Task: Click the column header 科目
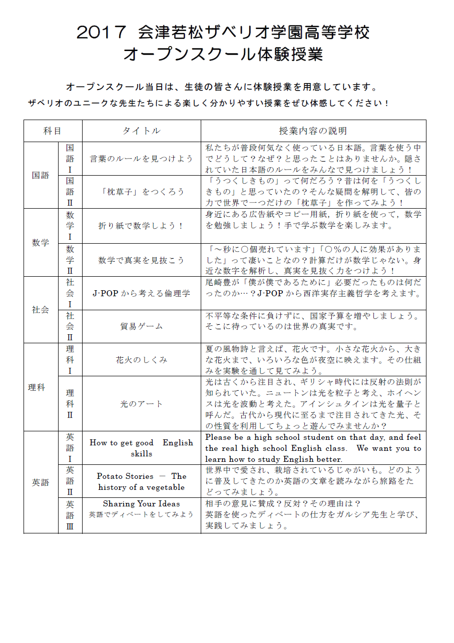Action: click(53, 131)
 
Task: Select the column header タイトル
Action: click(141, 131)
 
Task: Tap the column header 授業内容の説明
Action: click(313, 131)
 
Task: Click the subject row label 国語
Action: click(41, 175)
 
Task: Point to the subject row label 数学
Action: click(41, 243)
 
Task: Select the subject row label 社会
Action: click(41, 310)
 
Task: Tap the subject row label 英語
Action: click(41, 482)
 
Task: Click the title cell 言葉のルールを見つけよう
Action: click(141, 159)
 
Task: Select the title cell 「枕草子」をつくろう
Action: click(141, 192)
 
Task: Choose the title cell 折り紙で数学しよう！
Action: click(141, 226)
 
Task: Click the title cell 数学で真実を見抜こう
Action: click(141, 260)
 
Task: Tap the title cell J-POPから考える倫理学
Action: click(141, 293)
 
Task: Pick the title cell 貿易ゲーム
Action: click(141, 326)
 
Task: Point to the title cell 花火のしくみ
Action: click(141, 360)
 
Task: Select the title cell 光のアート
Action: click(141, 404)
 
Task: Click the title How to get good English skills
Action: click(141, 448)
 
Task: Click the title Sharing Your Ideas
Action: click(141, 504)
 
